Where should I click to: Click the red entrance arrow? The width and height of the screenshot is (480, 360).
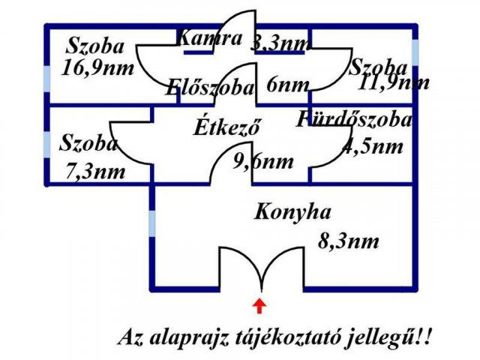[259, 306]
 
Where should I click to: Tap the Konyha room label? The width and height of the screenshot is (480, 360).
[292, 211]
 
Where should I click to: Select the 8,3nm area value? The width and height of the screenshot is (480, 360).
[348, 241]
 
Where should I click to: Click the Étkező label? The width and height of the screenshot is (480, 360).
[227, 127]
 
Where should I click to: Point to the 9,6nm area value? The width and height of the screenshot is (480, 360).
[263, 161]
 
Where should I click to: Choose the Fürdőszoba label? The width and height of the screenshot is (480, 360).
[354, 119]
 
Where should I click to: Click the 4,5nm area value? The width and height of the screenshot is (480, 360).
[372, 147]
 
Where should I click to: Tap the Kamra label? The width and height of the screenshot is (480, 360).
[210, 38]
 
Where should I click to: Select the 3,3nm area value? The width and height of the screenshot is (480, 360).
[280, 43]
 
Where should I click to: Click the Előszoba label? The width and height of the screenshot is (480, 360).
[210, 87]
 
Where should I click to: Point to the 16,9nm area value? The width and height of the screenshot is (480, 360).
[97, 68]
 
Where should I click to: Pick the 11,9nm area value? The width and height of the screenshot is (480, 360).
[393, 82]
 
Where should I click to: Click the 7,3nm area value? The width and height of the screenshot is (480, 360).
[95, 172]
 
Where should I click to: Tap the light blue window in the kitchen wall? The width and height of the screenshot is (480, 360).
[152, 223]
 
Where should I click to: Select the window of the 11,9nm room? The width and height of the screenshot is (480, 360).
[415, 52]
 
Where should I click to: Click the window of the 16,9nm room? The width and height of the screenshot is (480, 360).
[46, 78]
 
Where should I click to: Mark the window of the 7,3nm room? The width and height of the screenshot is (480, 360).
[46, 145]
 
